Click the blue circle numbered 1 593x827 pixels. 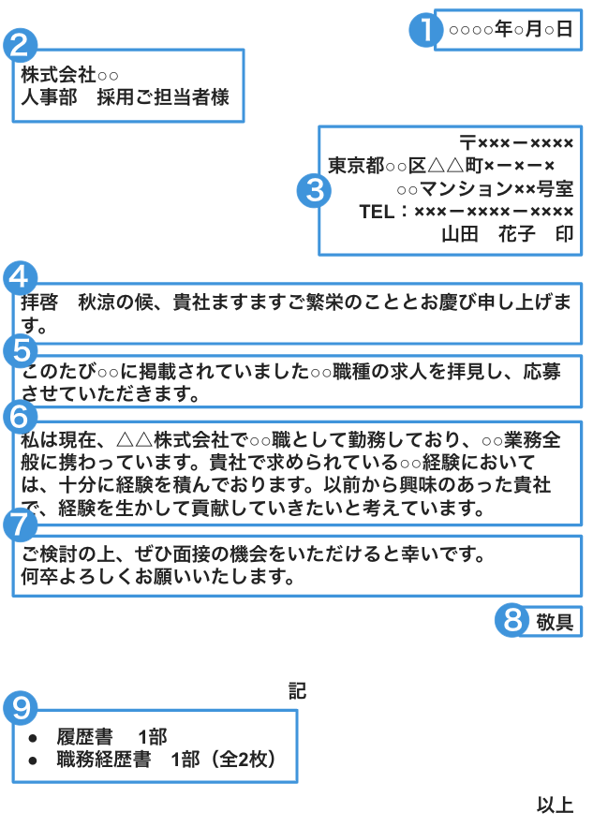click(425, 30)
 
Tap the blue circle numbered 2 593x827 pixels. click(20, 45)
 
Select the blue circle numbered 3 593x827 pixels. click(315, 190)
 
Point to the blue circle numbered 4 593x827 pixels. click(20, 277)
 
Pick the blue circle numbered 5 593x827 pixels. click(20, 350)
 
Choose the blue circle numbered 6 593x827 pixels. click(20, 417)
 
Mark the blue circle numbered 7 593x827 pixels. click(20, 524)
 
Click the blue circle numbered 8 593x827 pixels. click(511, 620)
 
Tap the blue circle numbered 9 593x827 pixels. click(20, 707)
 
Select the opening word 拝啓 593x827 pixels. click(39, 303)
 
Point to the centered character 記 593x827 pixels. click(298, 691)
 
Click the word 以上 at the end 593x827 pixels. click(555, 805)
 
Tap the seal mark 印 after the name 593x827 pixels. click(564, 233)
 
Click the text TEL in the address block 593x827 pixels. click(377, 212)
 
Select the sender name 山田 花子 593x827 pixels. click(488, 233)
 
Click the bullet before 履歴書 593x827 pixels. click(33, 738)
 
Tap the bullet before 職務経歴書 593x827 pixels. click(33, 761)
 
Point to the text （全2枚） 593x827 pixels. click(243, 760)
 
